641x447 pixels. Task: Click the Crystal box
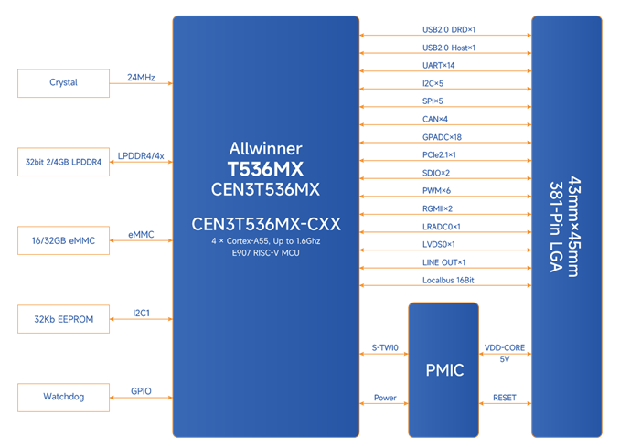[63, 83]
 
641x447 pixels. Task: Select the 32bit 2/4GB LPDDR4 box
[63, 161]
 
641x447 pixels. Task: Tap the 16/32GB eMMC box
[63, 240]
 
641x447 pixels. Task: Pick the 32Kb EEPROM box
[63, 319]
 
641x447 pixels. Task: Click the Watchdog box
[63, 398]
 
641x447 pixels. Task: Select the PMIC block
[443, 370]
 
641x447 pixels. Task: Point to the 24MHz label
[141, 77]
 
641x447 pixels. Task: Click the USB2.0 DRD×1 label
[447, 29]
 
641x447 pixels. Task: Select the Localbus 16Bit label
[447, 280]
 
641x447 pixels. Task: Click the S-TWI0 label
[384, 347]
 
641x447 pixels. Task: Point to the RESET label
[505, 399]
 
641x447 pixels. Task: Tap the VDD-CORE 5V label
[505, 353]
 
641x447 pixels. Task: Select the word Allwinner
[264, 148]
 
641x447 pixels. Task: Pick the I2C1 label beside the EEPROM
[141, 313]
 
